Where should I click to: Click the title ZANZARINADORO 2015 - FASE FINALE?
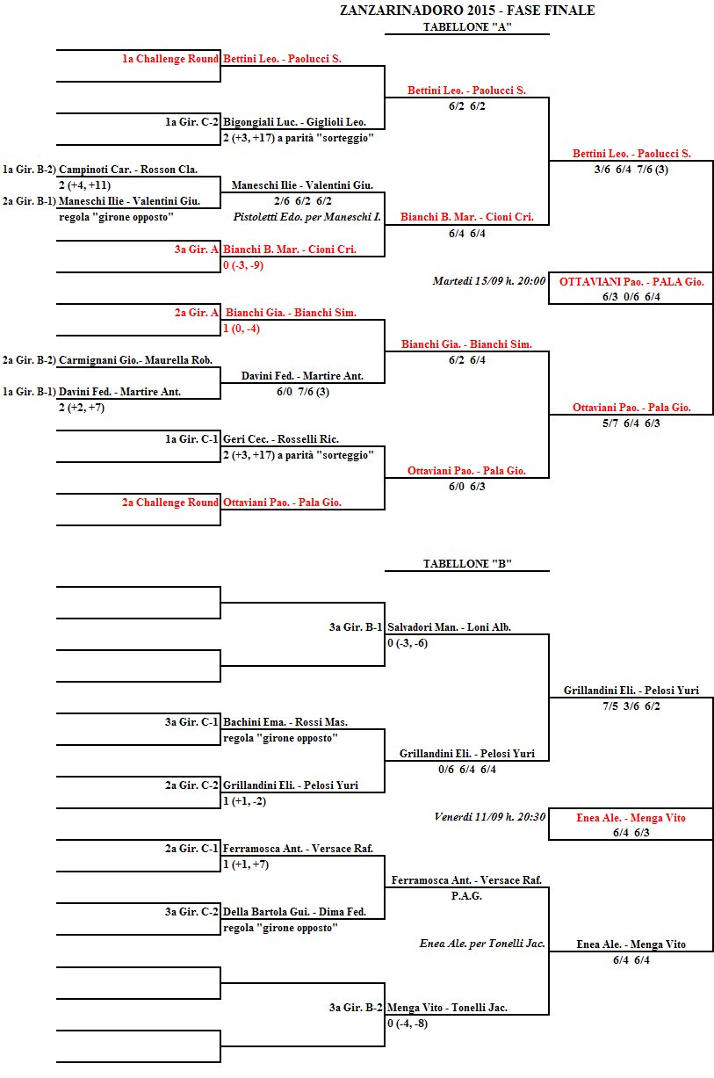(x=467, y=11)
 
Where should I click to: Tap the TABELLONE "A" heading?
(x=466, y=27)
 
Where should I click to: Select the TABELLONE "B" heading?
(x=466, y=563)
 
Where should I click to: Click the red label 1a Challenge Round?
(x=170, y=59)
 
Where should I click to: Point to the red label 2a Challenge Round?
(x=170, y=503)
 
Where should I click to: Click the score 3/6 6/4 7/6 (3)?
(x=631, y=170)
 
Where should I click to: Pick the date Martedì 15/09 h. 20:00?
(x=489, y=282)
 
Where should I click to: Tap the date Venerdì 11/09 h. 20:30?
(x=490, y=817)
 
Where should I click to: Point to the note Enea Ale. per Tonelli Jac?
(x=482, y=944)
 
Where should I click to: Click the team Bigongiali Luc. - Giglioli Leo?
(x=294, y=122)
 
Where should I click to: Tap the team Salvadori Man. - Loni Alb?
(x=449, y=627)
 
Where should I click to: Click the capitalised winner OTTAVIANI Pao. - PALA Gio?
(x=631, y=282)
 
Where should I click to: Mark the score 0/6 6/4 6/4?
(x=466, y=770)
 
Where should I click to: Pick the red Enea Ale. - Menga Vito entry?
(x=631, y=818)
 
